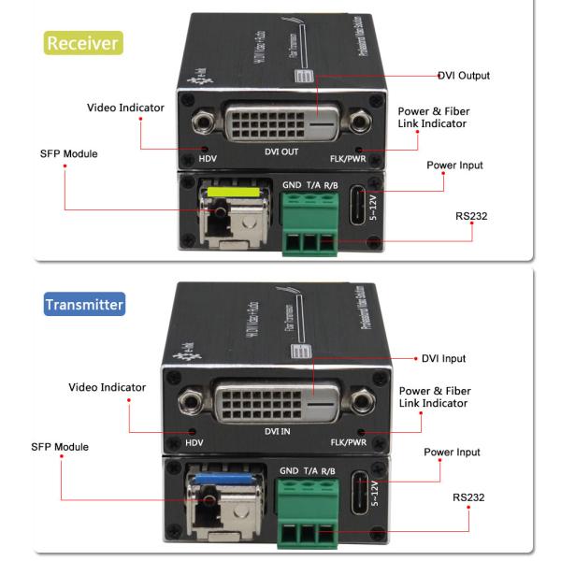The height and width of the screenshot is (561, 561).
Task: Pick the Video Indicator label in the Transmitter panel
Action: [x=108, y=388]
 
